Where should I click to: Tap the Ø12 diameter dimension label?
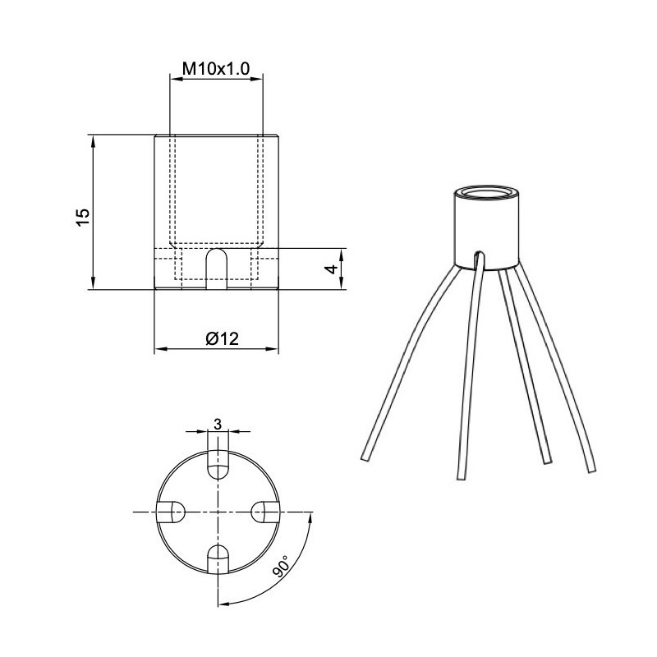pyautogui.click(x=217, y=338)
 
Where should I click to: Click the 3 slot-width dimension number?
pyautogui.click(x=217, y=424)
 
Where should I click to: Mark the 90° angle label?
pyautogui.click(x=282, y=567)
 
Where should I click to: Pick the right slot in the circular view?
pyautogui.click(x=264, y=512)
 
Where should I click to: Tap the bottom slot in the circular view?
pyautogui.click(x=218, y=559)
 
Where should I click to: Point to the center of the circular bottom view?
pyautogui.click(x=218, y=512)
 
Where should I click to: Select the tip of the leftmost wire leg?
pyautogui.click(x=363, y=457)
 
